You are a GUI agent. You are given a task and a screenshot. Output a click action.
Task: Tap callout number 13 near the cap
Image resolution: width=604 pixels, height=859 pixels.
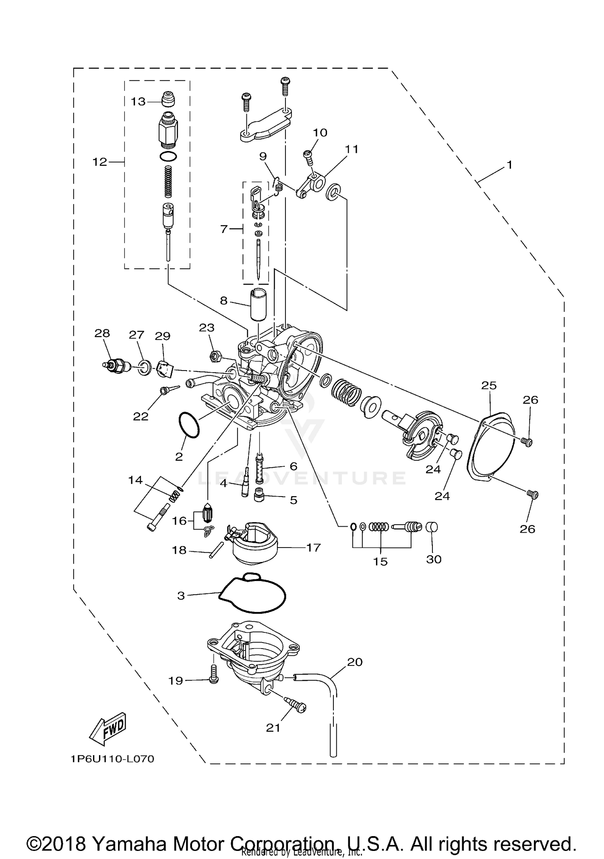[138, 101]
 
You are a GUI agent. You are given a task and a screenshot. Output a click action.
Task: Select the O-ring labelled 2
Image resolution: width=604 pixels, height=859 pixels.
[188, 425]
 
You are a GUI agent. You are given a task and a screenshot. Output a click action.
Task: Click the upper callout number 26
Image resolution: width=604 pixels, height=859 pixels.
[530, 400]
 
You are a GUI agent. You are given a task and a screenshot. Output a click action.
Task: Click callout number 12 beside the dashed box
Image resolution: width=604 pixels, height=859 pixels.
[99, 162]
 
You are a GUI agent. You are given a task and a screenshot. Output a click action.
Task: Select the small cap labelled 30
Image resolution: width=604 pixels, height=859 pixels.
[432, 527]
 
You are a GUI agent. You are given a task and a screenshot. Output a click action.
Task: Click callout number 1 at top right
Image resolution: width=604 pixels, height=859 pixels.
[509, 165]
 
